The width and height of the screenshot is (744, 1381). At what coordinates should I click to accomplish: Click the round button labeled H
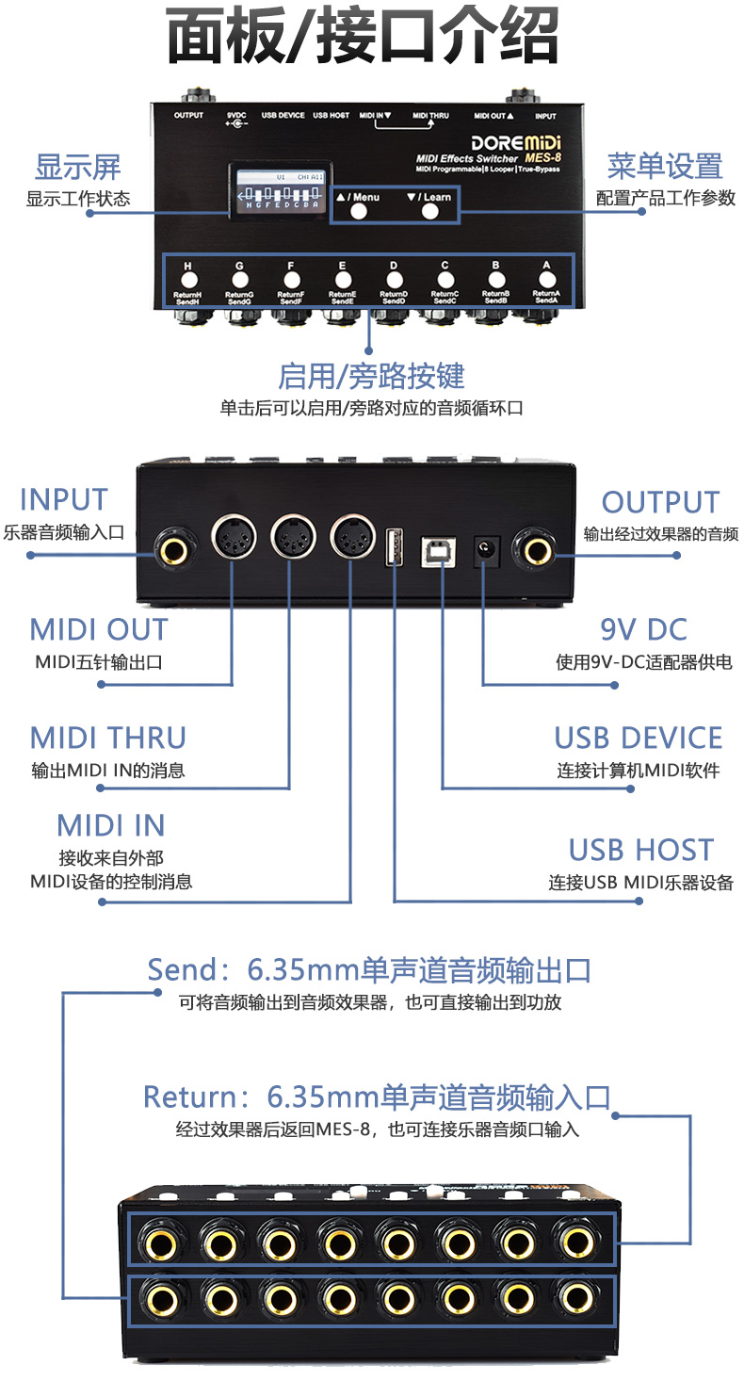point(187,280)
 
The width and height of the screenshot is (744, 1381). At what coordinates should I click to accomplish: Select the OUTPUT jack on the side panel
point(534,547)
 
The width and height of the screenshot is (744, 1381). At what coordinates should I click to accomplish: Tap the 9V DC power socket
point(485,548)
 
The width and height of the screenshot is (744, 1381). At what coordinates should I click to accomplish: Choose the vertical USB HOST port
point(395,547)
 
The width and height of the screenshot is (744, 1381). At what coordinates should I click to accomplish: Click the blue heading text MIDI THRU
point(108,738)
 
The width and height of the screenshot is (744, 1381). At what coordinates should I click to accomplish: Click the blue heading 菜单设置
point(665,167)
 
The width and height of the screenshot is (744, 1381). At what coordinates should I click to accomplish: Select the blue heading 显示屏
point(78,169)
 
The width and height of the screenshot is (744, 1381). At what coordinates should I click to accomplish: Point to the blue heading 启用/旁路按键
point(371,376)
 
